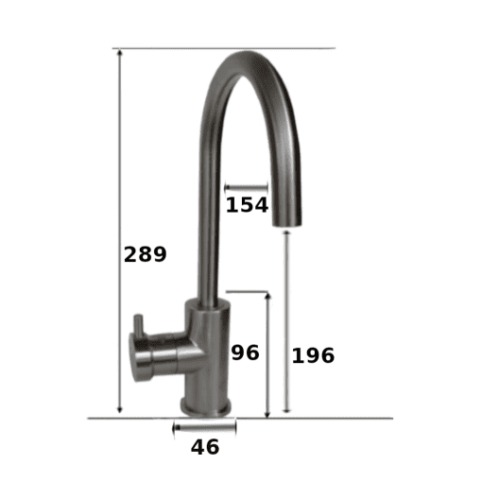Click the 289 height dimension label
tap(145, 254)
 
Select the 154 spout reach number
tap(247, 205)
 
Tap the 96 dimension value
tap(246, 353)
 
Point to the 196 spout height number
tap(313, 355)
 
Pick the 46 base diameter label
tap(205, 447)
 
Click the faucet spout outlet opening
tap(286, 223)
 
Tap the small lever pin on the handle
tap(139, 323)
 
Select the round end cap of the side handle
tap(135, 357)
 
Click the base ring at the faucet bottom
tap(205, 407)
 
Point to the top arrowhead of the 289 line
tap(119, 52)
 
